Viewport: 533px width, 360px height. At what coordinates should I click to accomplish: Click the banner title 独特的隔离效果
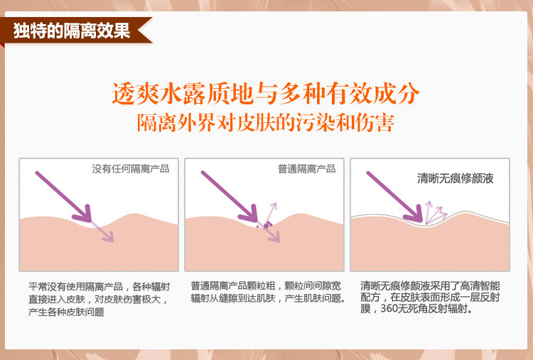[72, 31]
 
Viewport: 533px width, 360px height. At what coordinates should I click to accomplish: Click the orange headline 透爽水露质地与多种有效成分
[266, 94]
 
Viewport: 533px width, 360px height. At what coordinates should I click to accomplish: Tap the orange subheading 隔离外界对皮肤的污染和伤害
[266, 123]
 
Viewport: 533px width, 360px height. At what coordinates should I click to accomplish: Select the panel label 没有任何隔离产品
[131, 169]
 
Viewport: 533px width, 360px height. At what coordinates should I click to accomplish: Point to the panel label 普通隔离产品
[306, 169]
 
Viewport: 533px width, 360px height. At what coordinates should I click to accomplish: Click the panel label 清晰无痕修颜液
[455, 178]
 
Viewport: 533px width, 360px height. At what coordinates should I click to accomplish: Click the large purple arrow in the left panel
[64, 197]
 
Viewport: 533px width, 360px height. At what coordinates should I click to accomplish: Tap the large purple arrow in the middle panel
[230, 197]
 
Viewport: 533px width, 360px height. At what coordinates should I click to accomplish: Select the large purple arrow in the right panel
[395, 197]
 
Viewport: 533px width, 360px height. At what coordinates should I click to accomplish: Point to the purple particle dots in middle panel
[266, 224]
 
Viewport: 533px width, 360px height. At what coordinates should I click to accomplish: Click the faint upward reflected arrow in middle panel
[271, 212]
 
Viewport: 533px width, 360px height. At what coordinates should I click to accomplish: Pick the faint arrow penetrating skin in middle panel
[271, 234]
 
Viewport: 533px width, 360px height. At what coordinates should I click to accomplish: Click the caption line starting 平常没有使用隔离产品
[99, 287]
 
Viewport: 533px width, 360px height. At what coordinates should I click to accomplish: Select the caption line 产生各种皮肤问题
[66, 312]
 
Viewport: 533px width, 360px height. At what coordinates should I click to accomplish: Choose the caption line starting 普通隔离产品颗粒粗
[266, 286]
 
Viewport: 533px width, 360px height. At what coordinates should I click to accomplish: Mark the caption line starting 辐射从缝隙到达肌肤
[268, 298]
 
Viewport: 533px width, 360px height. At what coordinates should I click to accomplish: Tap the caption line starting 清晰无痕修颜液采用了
[430, 285]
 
